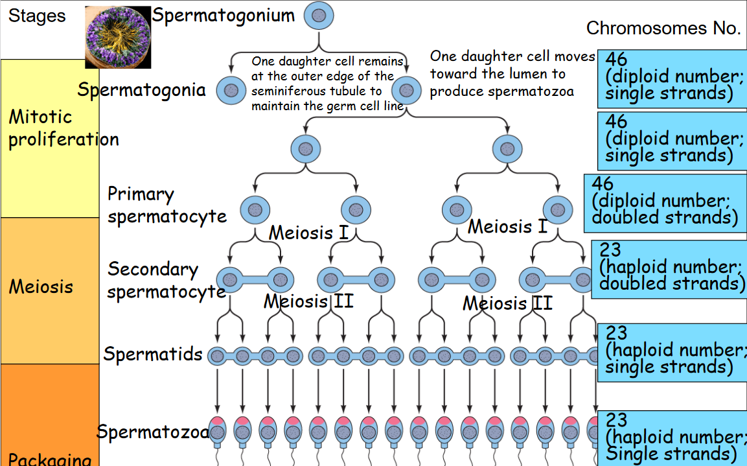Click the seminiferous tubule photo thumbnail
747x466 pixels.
tap(118, 37)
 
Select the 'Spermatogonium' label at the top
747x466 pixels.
tap(223, 16)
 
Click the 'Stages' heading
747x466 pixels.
tap(37, 16)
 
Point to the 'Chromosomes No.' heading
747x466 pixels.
tap(663, 28)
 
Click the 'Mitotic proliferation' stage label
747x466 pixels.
tap(63, 128)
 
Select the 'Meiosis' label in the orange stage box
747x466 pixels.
tap(41, 286)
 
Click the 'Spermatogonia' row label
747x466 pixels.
tap(141, 89)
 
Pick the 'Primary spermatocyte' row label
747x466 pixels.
tap(167, 205)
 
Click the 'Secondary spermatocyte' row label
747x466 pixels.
tap(166, 281)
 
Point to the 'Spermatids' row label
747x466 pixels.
tap(153, 355)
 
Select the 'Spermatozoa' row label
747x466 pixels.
tap(153, 432)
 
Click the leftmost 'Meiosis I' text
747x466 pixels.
tap(309, 232)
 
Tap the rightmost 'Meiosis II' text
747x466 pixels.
tap(507, 303)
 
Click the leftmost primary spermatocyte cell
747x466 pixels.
tap(254, 210)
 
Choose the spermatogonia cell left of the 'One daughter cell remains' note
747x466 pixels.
tap(228, 89)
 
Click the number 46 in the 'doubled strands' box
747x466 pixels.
tap(603, 183)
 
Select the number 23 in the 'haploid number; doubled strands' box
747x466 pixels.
tap(610, 250)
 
